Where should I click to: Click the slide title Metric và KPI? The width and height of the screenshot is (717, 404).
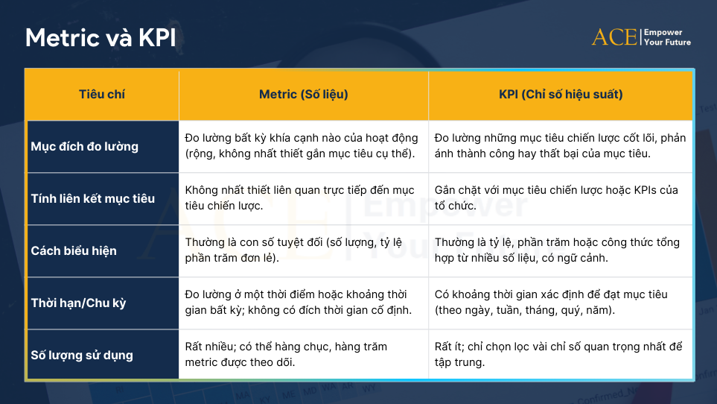pyautogui.click(x=101, y=38)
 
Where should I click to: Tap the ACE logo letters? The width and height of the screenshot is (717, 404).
pyautogui.click(x=614, y=37)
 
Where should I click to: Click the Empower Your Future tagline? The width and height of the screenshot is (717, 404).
pyautogui.click(x=666, y=37)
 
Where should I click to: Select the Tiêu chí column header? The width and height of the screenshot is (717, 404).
pyautogui.click(x=102, y=95)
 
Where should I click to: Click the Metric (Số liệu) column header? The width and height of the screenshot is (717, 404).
pyautogui.click(x=303, y=95)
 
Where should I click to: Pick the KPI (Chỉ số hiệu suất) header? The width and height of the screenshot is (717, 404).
pyautogui.click(x=561, y=95)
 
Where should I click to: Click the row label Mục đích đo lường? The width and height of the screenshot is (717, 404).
pyautogui.click(x=85, y=146)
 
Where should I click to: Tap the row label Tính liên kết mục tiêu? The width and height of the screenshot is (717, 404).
pyautogui.click(x=93, y=198)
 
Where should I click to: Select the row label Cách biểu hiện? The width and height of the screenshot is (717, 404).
pyautogui.click(x=74, y=250)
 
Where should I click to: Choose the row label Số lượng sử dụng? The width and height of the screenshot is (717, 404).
pyautogui.click(x=82, y=355)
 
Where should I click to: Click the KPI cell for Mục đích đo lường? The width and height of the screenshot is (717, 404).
pyautogui.click(x=560, y=146)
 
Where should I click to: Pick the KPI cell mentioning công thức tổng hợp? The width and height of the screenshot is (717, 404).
pyautogui.click(x=560, y=250)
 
